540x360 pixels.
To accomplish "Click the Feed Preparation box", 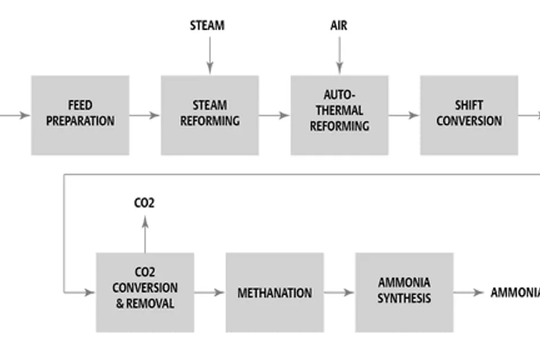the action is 80,115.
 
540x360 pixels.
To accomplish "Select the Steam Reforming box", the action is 210,115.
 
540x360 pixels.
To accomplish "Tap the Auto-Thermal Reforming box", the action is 340,115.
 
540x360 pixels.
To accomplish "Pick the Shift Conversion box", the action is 469,115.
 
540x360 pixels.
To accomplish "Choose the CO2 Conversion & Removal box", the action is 145,292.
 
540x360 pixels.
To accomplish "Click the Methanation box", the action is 275,292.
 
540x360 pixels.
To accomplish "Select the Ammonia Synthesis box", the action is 404,292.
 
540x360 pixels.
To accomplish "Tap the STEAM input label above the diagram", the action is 208,25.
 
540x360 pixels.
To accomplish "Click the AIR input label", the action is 339,25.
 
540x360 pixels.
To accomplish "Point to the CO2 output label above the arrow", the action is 145,203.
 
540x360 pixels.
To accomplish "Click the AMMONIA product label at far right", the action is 515,292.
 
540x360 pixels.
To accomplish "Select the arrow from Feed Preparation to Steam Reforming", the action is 145,115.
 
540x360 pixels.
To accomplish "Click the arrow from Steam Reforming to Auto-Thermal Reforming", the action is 274,115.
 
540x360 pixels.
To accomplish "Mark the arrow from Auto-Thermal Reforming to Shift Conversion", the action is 404,115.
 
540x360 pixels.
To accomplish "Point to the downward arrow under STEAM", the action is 210,56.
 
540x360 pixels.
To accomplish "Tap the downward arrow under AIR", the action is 340,56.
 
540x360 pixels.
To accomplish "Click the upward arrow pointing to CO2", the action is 145,234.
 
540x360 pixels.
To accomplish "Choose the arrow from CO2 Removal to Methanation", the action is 210,292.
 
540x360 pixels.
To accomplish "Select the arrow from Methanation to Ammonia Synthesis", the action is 339,292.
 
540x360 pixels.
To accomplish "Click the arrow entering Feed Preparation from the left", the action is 15,115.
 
